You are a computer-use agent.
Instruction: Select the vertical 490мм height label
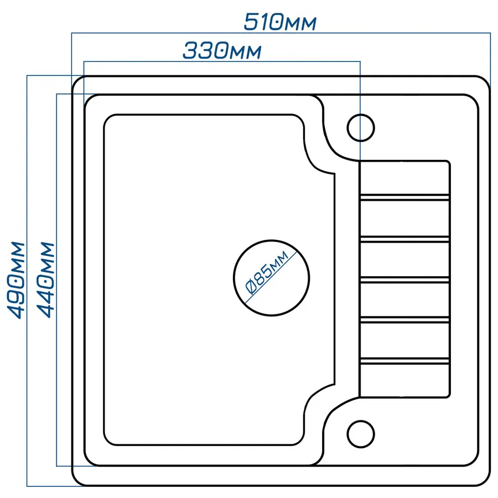[17, 279]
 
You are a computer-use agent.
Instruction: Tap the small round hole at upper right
[361, 127]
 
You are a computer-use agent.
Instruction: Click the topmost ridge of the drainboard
[404, 196]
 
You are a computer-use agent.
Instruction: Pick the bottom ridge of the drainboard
[404, 362]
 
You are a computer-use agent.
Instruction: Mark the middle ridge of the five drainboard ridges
[404, 279]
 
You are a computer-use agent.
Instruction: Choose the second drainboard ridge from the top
[404, 238]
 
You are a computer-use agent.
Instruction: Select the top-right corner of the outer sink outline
[486, 80]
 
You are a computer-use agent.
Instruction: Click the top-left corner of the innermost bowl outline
[107, 118]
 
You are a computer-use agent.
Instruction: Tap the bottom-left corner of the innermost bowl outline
[107, 441]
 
